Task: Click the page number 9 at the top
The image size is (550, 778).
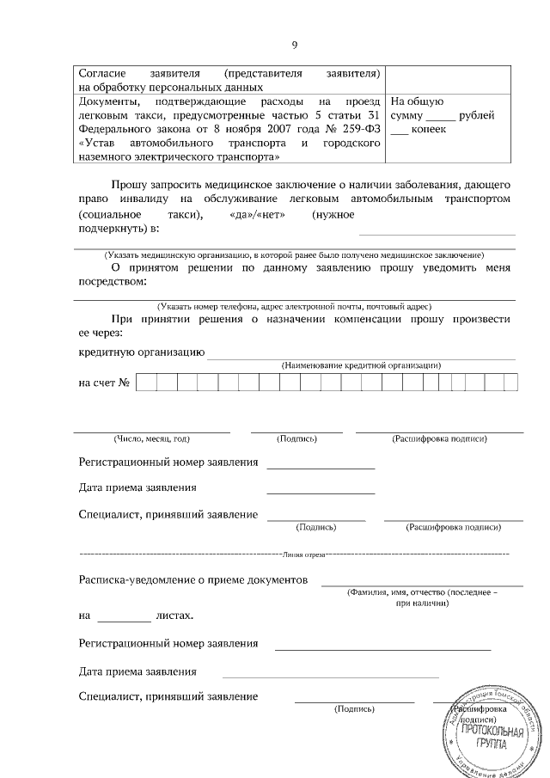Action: [295, 45]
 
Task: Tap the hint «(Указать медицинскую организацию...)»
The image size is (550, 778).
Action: [294, 255]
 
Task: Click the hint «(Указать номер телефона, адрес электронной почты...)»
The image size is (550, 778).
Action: [294, 306]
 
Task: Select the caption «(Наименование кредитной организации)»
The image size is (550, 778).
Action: [361, 365]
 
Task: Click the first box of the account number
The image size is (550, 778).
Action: [145, 383]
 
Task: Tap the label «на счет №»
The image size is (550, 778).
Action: [103, 383]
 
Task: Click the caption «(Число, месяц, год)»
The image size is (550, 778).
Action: [151, 439]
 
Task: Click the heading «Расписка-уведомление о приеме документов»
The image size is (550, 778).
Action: [192, 580]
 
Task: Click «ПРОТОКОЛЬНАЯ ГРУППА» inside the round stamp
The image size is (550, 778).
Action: [492, 736]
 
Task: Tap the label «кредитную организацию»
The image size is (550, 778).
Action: [141, 352]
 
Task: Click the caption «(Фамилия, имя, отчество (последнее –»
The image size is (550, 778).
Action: [421, 593]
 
